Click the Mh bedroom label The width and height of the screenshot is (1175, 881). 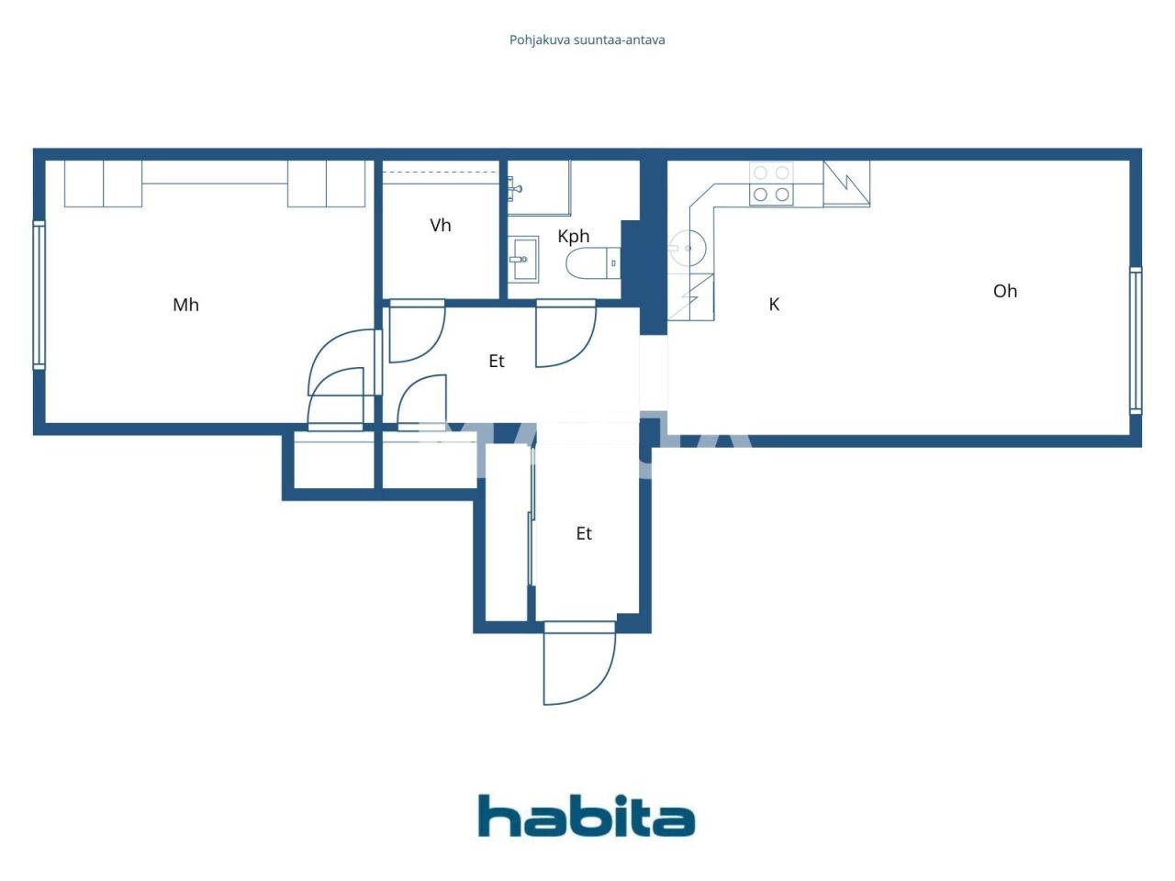pyautogui.click(x=185, y=305)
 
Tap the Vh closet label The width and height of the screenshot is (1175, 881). pyautogui.click(x=441, y=225)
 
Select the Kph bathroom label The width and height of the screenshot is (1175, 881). pyautogui.click(x=574, y=236)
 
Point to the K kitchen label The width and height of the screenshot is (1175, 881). pyautogui.click(x=774, y=305)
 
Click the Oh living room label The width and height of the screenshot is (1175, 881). pyautogui.click(x=1005, y=291)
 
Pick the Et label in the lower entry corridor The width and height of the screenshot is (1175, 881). pyautogui.click(x=584, y=533)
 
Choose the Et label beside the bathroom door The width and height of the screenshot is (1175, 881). pyautogui.click(x=497, y=362)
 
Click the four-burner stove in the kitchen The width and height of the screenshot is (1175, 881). pyautogui.click(x=771, y=184)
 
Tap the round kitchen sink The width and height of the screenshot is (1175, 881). pyautogui.click(x=686, y=245)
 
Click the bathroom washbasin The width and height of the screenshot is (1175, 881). pyautogui.click(x=524, y=260)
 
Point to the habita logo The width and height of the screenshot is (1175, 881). pyautogui.click(x=587, y=816)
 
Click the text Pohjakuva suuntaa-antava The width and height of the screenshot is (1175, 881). pyautogui.click(x=587, y=40)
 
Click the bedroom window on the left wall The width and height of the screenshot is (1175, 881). pyautogui.click(x=39, y=294)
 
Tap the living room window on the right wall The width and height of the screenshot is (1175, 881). pyautogui.click(x=1136, y=340)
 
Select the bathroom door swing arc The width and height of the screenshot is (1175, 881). pyautogui.click(x=564, y=335)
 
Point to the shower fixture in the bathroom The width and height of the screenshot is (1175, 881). pyautogui.click(x=516, y=189)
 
